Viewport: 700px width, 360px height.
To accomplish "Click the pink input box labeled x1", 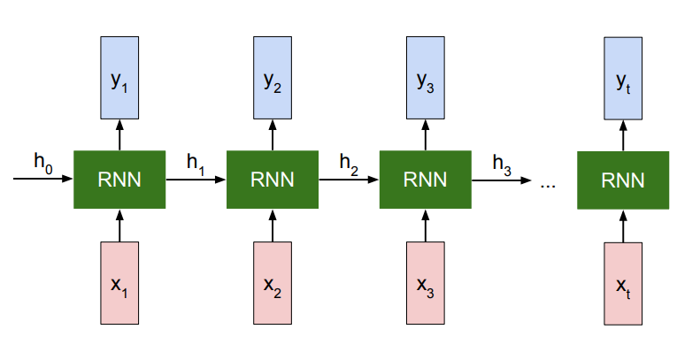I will point(119,284).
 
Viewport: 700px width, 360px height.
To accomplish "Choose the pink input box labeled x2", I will point(273,284).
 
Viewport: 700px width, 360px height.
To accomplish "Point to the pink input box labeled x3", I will point(426,284).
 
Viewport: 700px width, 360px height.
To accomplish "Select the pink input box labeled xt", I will point(624,284).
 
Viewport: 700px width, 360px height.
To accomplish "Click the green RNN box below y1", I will point(119,180).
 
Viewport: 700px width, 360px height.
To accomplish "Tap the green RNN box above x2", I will point(273,180).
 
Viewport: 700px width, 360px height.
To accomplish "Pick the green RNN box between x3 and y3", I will point(426,180).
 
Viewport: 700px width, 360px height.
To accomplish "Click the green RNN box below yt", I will point(624,180).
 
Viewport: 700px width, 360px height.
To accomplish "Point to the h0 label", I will point(43,161).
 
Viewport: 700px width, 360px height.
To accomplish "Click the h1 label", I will point(196,161).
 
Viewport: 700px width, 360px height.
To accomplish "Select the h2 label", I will point(349,161).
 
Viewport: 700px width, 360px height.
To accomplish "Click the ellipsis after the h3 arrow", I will point(547,184).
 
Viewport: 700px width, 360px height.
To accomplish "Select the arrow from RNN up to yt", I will point(624,134).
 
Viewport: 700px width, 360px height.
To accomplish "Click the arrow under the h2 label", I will point(349,179).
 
